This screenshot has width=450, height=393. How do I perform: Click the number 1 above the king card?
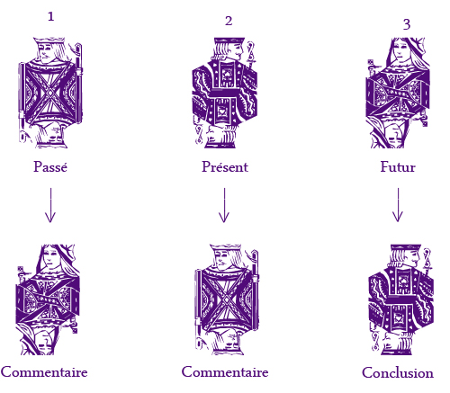[51, 16]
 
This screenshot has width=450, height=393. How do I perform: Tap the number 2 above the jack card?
[229, 21]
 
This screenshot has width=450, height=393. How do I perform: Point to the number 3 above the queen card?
[407, 24]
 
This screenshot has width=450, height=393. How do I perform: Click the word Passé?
[50, 166]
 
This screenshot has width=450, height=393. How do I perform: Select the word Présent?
[225, 166]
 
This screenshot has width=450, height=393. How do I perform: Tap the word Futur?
[398, 167]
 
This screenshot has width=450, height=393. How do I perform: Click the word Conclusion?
[398, 372]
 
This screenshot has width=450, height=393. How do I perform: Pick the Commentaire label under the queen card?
[44, 372]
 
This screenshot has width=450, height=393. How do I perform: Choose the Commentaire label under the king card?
[225, 372]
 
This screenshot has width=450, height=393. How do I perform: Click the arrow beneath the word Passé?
[50, 205]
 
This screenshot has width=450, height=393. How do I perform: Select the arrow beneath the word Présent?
[224, 205]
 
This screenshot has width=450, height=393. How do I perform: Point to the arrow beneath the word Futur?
[398, 205]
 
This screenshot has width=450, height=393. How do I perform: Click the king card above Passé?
[50, 93]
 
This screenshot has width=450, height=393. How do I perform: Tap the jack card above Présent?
[224, 93]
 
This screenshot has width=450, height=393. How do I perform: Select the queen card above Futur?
[398, 93]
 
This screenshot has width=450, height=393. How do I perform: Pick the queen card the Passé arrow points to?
[48, 299]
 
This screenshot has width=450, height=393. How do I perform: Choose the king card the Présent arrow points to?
[227, 299]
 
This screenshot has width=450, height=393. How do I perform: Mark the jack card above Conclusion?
[400, 299]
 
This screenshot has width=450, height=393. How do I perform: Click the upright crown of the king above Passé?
[49, 40]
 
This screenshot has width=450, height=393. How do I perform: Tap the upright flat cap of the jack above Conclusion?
[406, 247]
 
